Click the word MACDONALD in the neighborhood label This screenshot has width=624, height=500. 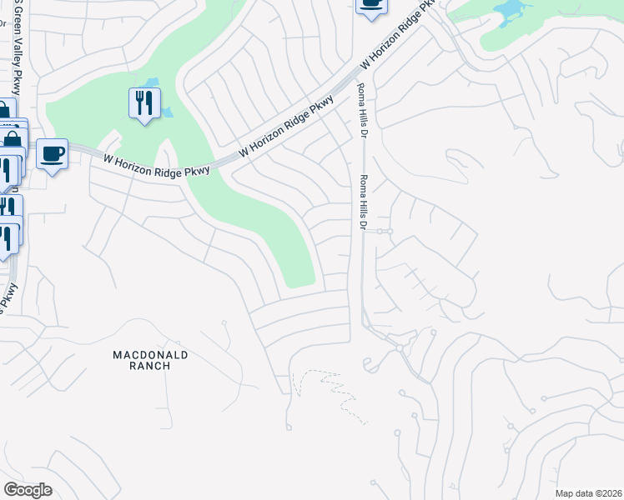[x=151, y=355]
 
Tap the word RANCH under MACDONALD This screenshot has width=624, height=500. [x=151, y=366]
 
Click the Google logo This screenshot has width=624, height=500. [x=28, y=490]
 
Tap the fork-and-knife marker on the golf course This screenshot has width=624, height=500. [x=144, y=103]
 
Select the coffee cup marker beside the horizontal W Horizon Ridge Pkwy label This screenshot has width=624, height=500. [x=53, y=154]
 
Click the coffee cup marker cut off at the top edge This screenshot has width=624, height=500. [x=371, y=5]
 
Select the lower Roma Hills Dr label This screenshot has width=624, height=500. [x=363, y=202]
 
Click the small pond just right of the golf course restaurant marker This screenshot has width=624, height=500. [x=166, y=111]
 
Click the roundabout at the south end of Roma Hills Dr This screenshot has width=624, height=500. [x=400, y=347]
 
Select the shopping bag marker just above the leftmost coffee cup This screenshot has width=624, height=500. [x=13, y=138]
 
